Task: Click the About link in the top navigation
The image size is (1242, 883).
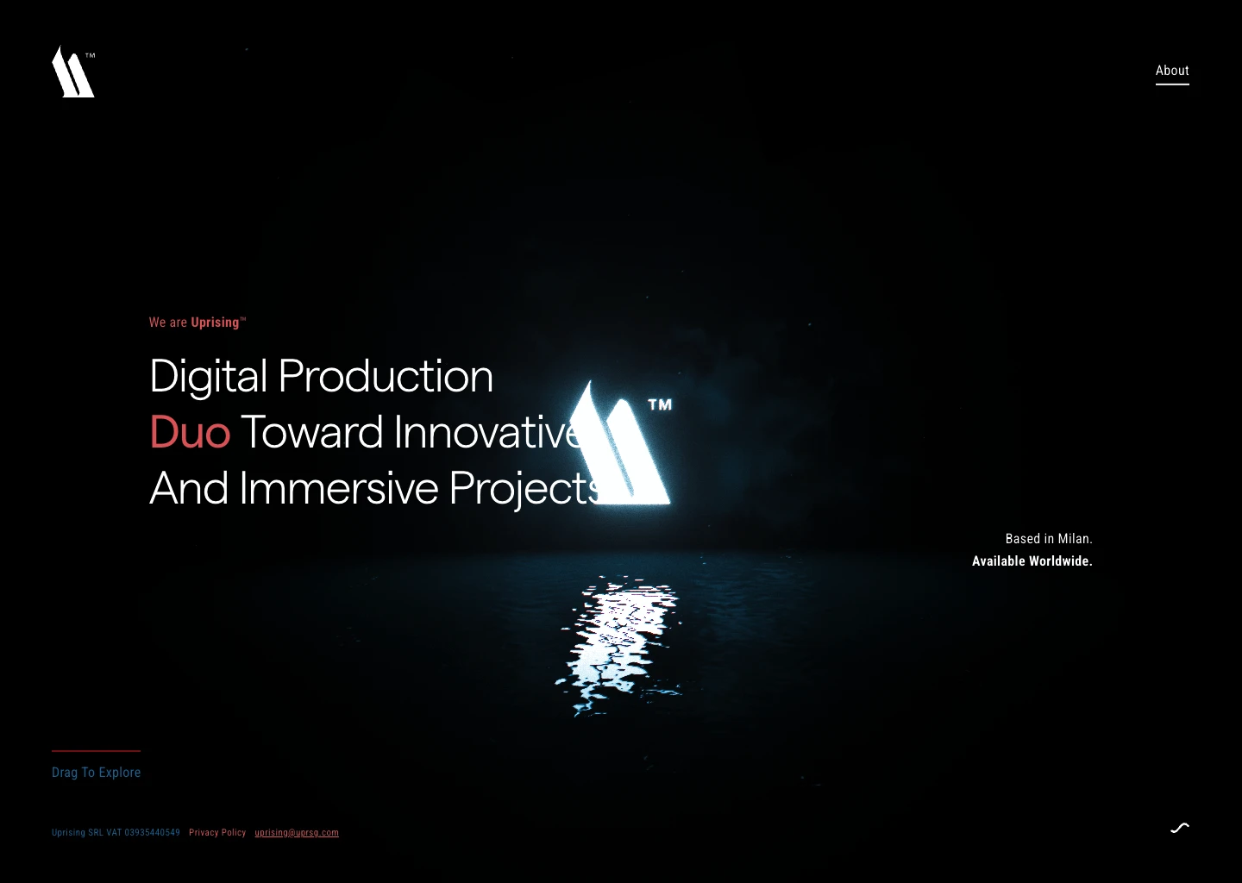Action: click(x=1172, y=71)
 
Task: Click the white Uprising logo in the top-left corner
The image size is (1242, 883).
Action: click(x=71, y=74)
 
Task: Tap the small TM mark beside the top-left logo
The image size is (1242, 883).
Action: click(x=91, y=55)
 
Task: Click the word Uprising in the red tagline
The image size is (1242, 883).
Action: click(x=215, y=323)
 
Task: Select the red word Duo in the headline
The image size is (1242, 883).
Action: click(x=190, y=432)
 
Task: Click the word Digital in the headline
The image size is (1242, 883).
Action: click(x=208, y=376)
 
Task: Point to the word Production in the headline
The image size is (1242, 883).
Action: click(x=386, y=376)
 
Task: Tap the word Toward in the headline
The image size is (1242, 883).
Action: click(x=311, y=432)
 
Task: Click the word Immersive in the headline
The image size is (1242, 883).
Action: click(x=339, y=488)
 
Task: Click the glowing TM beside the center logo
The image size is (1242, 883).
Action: click(x=660, y=404)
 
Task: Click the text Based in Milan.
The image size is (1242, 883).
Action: click(x=1049, y=539)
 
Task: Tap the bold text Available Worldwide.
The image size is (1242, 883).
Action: click(x=1032, y=561)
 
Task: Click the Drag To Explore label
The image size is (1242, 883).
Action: click(x=96, y=773)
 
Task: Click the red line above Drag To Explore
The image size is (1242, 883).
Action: click(x=96, y=751)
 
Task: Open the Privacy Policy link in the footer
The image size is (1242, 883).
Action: click(x=217, y=833)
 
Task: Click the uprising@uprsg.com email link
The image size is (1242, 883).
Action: click(x=297, y=833)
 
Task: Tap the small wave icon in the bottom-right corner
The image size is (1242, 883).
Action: click(x=1180, y=828)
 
